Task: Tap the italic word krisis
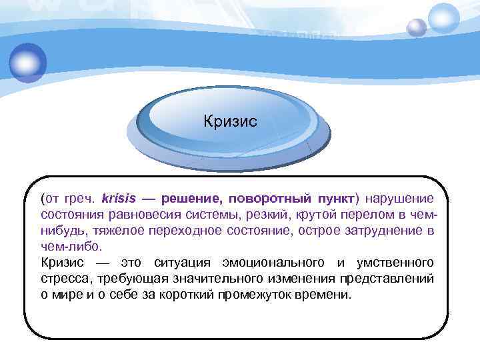click(x=118, y=199)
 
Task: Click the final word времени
click(x=330, y=295)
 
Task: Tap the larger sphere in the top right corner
click(x=444, y=18)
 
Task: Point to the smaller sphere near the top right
click(x=417, y=27)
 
